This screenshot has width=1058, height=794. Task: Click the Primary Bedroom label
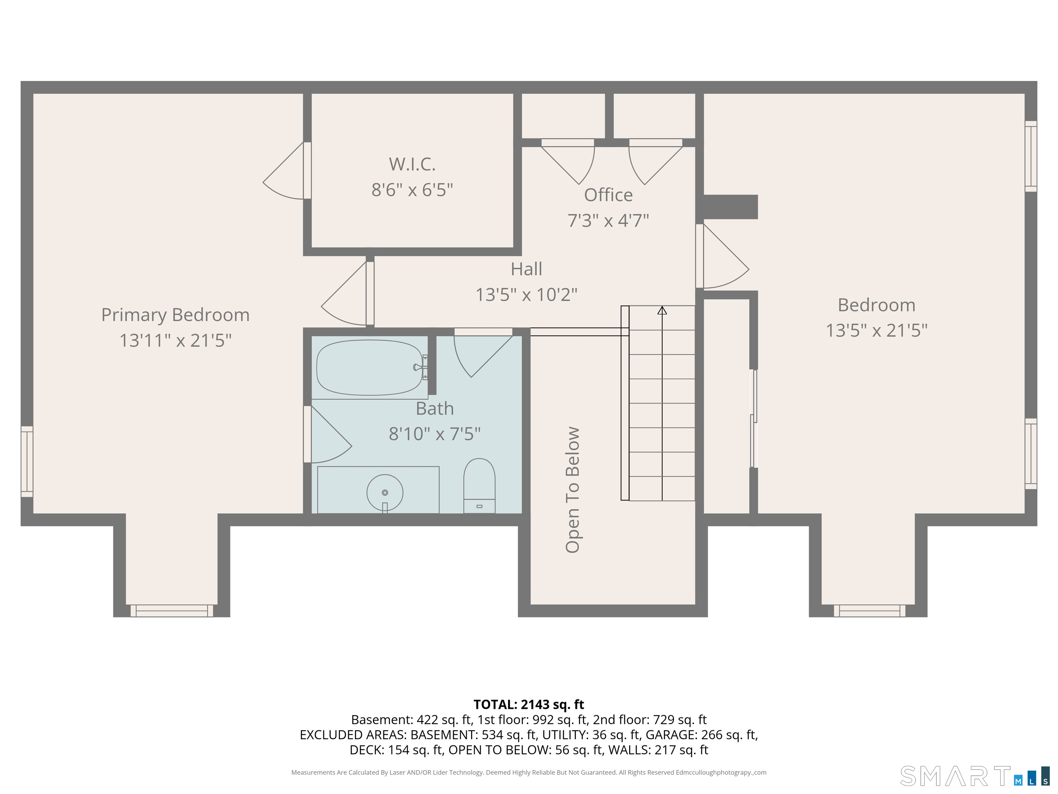tap(176, 315)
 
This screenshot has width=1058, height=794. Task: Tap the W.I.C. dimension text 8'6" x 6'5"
tap(412, 190)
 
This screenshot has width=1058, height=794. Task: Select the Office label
tap(609, 195)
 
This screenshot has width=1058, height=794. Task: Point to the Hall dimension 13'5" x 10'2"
tap(527, 294)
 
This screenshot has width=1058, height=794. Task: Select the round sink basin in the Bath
tap(385, 492)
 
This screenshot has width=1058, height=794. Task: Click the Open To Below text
tap(572, 490)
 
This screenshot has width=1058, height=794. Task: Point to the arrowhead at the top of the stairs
tap(662, 310)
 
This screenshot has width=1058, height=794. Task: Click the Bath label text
tap(435, 408)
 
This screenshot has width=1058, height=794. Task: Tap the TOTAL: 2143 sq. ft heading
tap(529, 704)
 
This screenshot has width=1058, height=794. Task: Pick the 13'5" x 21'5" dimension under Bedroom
tap(877, 330)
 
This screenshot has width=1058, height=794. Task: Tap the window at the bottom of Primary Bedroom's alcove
tap(172, 611)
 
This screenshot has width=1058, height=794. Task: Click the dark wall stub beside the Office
tap(730, 207)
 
